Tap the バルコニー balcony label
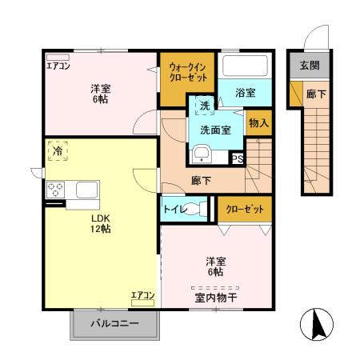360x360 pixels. [114, 325]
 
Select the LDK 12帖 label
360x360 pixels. [100, 222]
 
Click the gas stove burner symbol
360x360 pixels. [56, 190]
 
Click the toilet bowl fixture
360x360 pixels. [200, 210]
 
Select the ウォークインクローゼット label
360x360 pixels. [188, 73]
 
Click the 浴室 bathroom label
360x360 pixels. [245, 94]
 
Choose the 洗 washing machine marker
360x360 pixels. [204, 106]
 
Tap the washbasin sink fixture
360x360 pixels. [201, 153]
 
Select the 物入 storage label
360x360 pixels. [258, 123]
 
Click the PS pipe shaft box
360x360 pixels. [237, 158]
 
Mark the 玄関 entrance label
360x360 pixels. [309, 66]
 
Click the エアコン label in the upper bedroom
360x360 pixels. [58, 66]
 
